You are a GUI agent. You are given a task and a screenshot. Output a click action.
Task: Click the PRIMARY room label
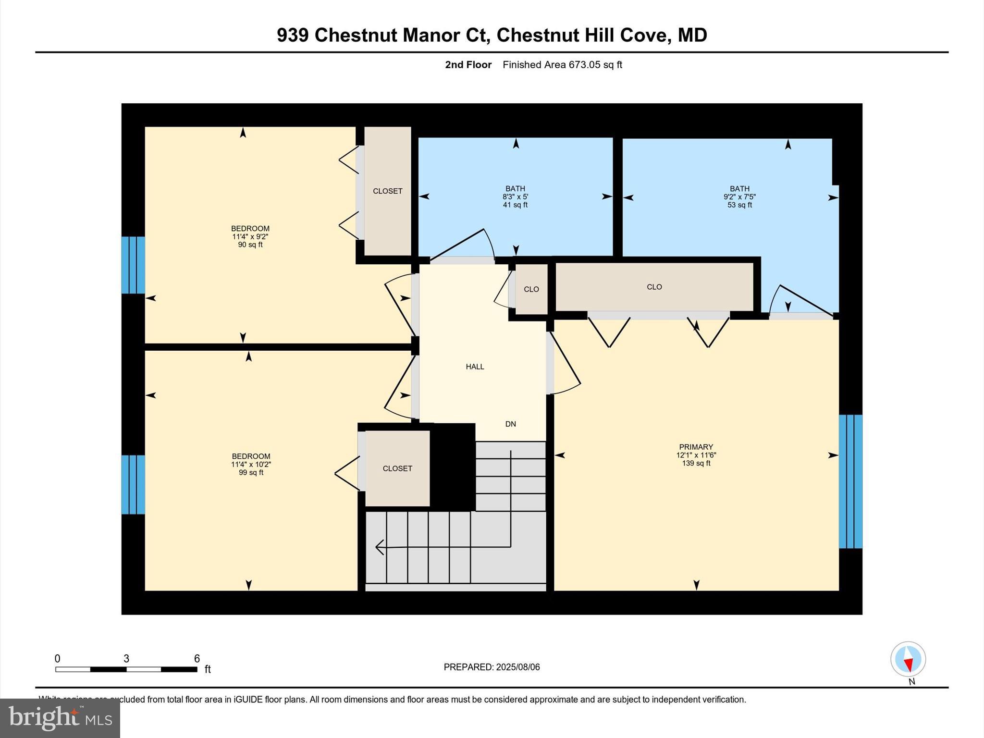(696, 447)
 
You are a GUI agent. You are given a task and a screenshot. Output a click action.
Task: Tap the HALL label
(475, 367)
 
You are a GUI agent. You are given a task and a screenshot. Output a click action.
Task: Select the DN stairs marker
(510, 424)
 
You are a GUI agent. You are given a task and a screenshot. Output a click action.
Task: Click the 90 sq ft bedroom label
(250, 236)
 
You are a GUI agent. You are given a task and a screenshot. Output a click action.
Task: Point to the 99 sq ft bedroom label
(251, 464)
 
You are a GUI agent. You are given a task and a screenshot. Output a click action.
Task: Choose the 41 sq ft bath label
(515, 197)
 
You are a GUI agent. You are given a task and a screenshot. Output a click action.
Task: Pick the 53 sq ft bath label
(739, 197)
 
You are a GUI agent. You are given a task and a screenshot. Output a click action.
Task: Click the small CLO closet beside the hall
(531, 289)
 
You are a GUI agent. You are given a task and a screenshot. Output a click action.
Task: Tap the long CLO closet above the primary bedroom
(654, 287)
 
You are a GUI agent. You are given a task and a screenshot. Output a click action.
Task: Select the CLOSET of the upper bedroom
(387, 191)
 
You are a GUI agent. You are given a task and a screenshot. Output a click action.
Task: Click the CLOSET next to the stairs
(397, 468)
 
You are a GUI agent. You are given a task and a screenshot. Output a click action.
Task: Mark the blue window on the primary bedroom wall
(850, 481)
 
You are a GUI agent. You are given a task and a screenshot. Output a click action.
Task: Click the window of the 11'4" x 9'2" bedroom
(133, 265)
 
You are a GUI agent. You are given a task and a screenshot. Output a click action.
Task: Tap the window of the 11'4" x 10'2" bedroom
(133, 484)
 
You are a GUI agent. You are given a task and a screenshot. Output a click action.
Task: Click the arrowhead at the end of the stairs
(380, 547)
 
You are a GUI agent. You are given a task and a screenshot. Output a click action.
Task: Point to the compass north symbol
(908, 660)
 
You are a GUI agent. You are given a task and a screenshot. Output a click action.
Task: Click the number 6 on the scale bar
(197, 659)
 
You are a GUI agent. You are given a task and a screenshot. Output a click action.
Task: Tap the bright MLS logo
(60, 718)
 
